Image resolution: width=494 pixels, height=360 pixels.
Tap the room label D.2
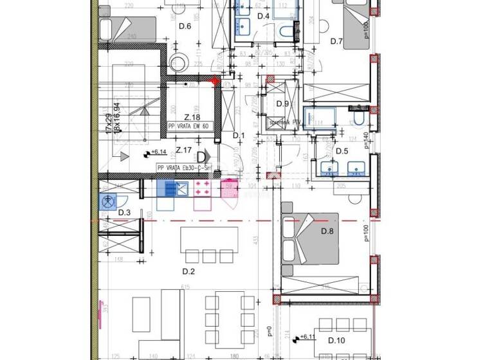[188, 271]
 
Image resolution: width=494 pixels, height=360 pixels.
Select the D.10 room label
[336, 340]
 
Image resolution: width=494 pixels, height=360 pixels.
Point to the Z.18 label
[191, 117]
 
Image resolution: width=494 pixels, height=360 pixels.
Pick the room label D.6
[185, 26]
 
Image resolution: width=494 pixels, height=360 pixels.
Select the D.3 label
[123, 213]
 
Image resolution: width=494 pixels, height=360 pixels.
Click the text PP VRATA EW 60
[189, 127]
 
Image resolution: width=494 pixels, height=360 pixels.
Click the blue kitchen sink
[172, 188]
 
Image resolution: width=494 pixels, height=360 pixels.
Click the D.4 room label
[263, 16]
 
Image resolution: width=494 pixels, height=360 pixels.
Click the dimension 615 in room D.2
[187, 287]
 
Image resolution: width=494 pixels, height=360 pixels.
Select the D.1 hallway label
[239, 135]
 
